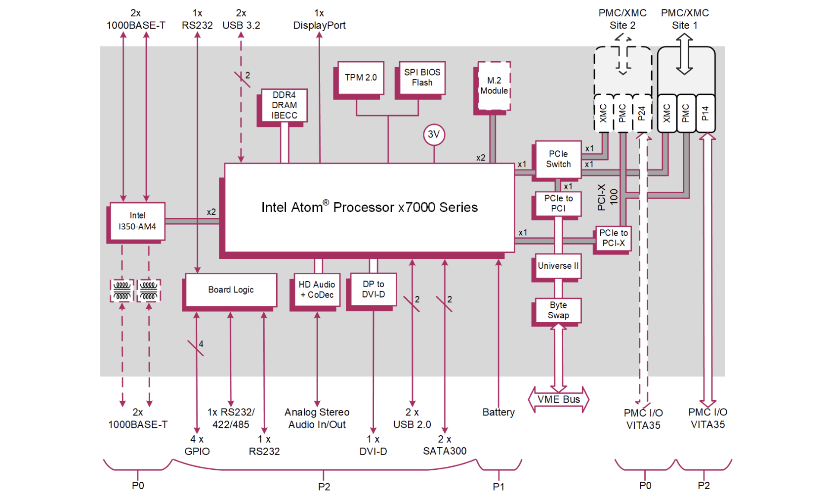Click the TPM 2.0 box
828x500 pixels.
pyautogui.click(x=361, y=78)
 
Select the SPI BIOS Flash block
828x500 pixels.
pyautogui.click(x=422, y=78)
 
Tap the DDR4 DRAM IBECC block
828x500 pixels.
pyautogui.click(x=284, y=105)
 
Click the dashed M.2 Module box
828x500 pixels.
pyautogui.click(x=494, y=85)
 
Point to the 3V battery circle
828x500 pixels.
pyautogui.click(x=434, y=134)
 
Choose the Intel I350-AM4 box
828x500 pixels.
pyautogui.click(x=137, y=221)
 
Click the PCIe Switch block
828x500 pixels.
pyautogui.click(x=558, y=159)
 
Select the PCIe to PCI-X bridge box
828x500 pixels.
pyautogui.click(x=613, y=238)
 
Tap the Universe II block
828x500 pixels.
pyautogui.click(x=558, y=266)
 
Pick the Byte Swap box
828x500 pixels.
pyautogui.click(x=558, y=310)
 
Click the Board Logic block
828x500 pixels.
pyautogui.click(x=231, y=290)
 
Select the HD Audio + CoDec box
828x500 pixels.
pyautogui.click(x=317, y=290)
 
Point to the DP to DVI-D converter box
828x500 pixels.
pyautogui.click(x=373, y=289)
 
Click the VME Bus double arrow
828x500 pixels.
pyautogui.click(x=559, y=399)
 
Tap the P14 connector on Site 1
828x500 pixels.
pyautogui.click(x=705, y=114)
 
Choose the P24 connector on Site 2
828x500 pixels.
pyautogui.click(x=641, y=114)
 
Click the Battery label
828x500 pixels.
pyautogui.click(x=498, y=412)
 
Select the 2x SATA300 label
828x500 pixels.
pyautogui.click(x=445, y=445)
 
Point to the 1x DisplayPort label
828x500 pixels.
pyautogui.click(x=319, y=19)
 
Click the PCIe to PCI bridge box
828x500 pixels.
pyautogui.click(x=558, y=203)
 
